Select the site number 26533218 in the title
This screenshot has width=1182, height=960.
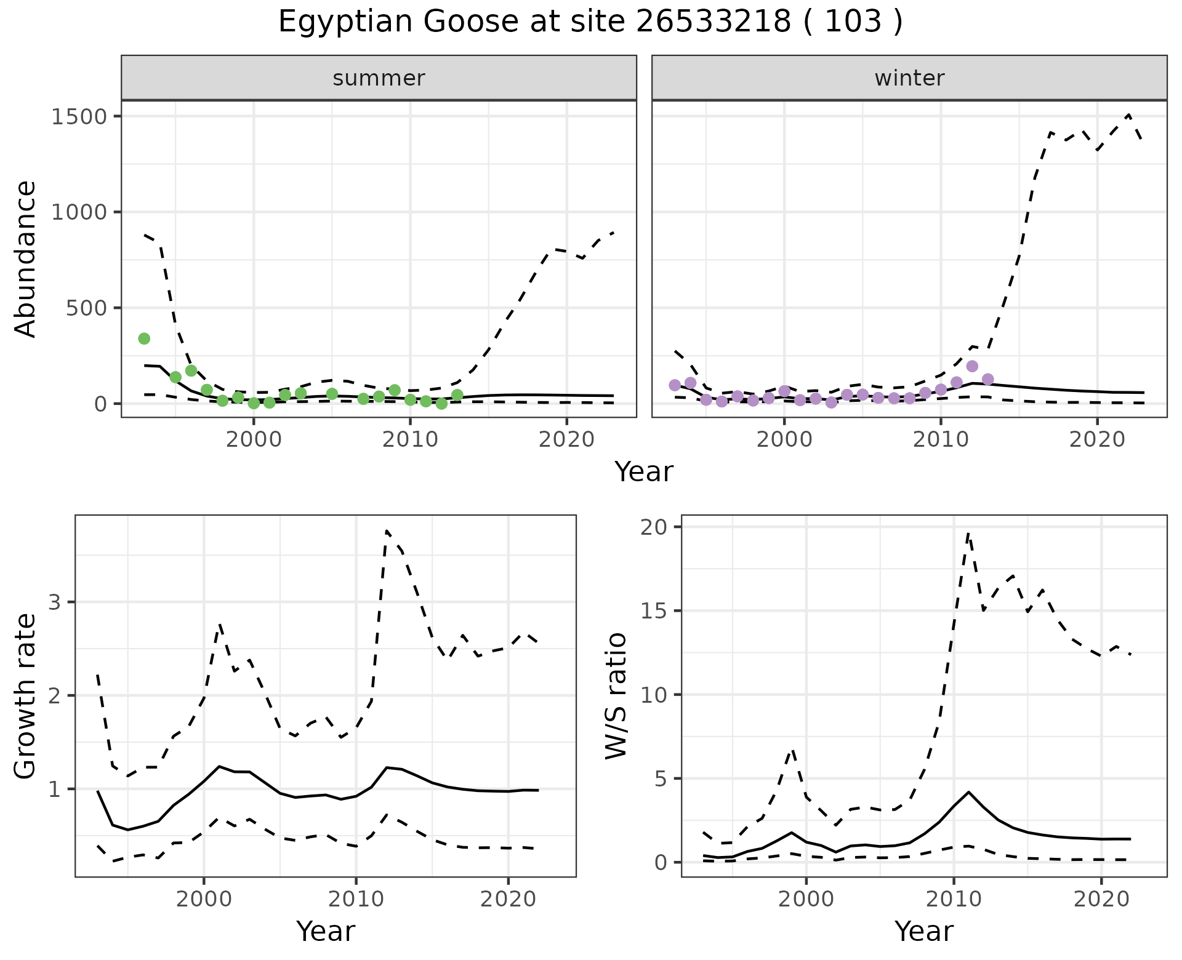pos(713,22)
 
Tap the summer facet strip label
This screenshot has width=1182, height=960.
pos(379,78)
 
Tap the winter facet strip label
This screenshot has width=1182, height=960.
pos(909,78)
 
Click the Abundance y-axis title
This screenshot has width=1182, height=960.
pos(25,258)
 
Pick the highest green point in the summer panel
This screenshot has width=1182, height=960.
pos(144,338)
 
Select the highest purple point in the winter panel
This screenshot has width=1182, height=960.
pos(972,366)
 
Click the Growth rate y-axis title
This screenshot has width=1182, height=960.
pos(25,695)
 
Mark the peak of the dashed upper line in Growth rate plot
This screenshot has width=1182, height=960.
pos(386,530)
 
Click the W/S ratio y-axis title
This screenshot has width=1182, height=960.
pos(616,695)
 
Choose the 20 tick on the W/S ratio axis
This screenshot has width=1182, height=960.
pos(659,527)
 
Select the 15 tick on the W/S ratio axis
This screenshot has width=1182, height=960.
pos(659,610)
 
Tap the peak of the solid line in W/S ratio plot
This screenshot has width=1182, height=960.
pos(968,792)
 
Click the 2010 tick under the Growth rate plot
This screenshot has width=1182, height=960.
pos(356,899)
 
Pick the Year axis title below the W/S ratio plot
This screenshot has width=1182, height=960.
pos(923,931)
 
